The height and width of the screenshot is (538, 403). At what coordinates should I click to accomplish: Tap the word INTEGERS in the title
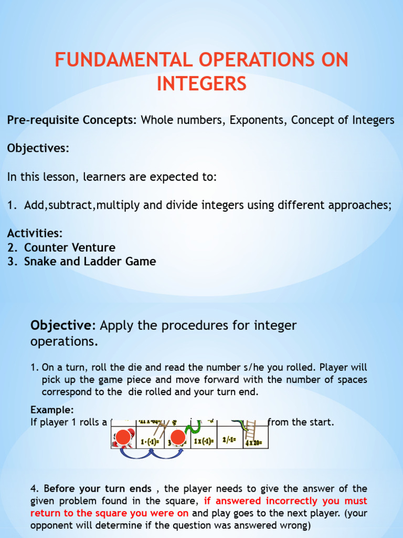point(201,83)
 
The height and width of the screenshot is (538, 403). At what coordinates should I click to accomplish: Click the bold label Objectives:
point(38,148)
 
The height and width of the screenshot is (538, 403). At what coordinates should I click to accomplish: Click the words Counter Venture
point(70,247)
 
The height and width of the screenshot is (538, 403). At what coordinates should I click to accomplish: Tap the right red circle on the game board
point(178,437)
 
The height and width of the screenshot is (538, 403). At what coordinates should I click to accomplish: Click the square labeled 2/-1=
point(230,440)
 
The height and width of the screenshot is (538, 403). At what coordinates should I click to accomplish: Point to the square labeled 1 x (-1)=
point(203,440)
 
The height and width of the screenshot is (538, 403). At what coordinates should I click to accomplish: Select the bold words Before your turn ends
point(98,488)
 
